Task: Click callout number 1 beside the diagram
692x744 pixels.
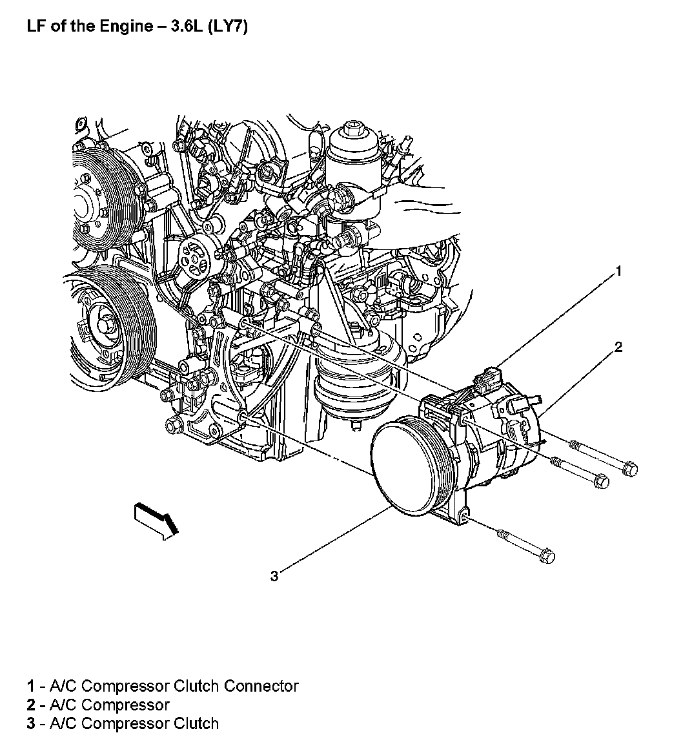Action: (x=618, y=271)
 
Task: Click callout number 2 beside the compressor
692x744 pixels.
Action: (x=618, y=347)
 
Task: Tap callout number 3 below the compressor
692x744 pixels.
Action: (x=274, y=575)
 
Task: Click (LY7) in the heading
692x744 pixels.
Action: (x=226, y=27)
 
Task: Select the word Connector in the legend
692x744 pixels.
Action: (x=261, y=686)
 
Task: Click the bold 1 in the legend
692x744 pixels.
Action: (x=31, y=686)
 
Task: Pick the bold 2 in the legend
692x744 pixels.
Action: (x=31, y=705)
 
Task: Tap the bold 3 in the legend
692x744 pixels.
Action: (x=31, y=723)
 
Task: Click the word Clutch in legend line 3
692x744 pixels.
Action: (x=196, y=723)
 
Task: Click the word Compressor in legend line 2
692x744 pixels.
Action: (x=126, y=705)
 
